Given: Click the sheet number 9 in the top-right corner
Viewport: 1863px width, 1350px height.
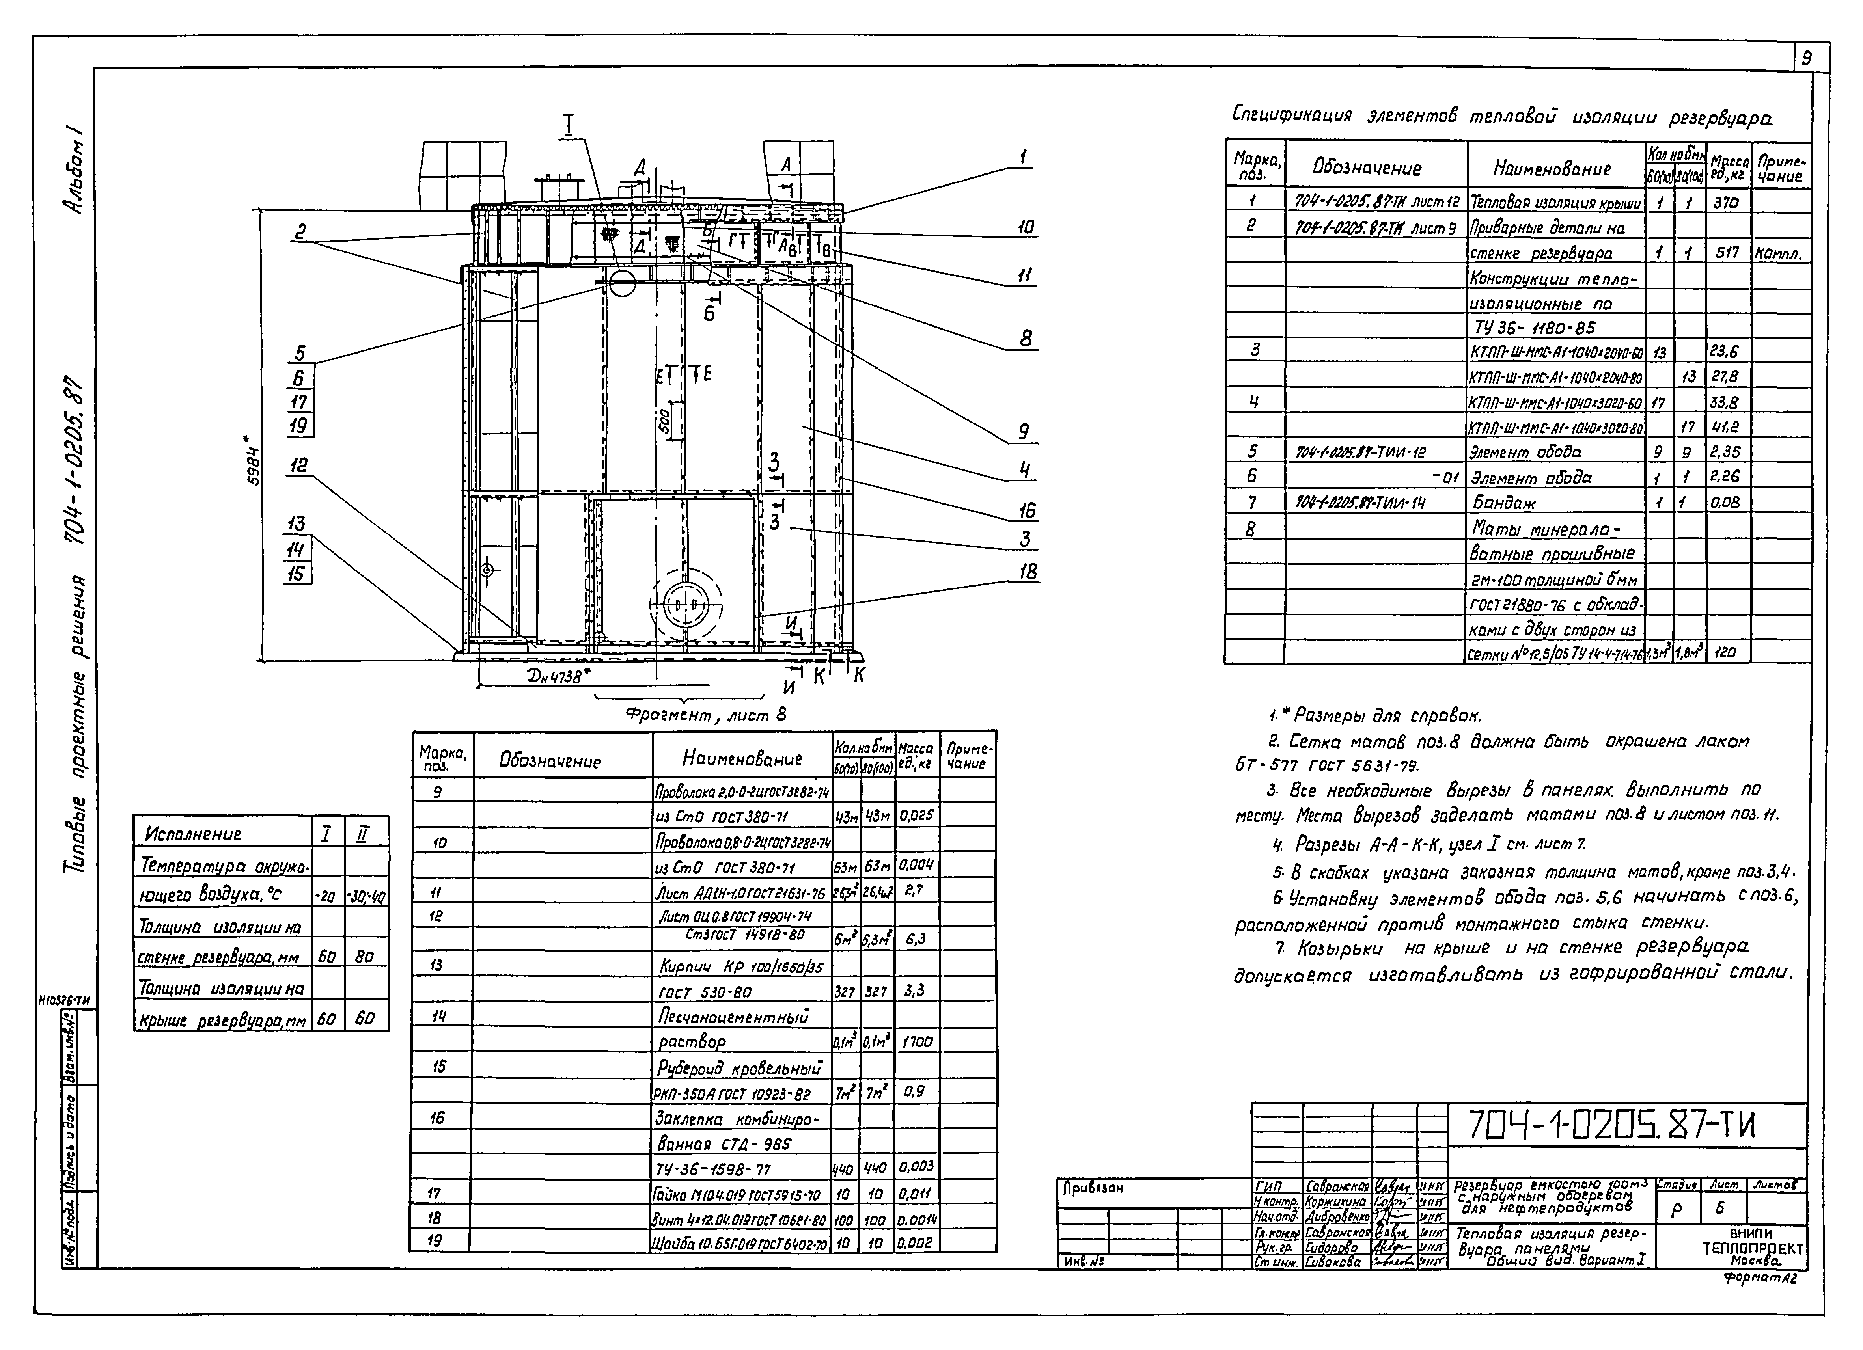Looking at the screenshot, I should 1806,59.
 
